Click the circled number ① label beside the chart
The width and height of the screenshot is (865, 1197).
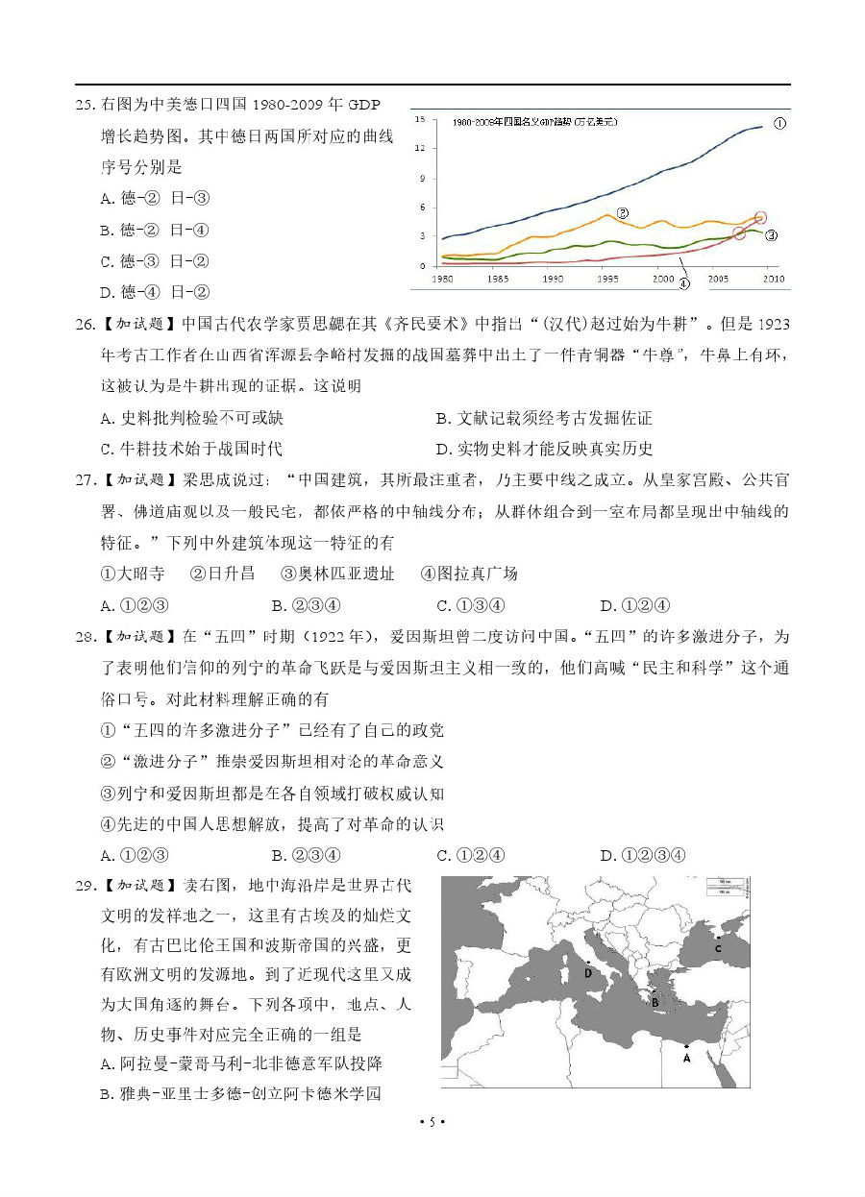tap(779, 124)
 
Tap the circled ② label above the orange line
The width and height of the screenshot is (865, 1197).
tap(622, 213)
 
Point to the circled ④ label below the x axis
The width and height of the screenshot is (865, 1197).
tap(683, 283)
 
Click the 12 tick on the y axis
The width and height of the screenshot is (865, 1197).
tap(420, 148)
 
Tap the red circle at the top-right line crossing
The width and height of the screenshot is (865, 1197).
tap(761, 218)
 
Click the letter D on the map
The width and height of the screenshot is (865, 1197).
tap(587, 972)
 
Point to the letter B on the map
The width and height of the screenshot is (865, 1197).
tap(655, 1002)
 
